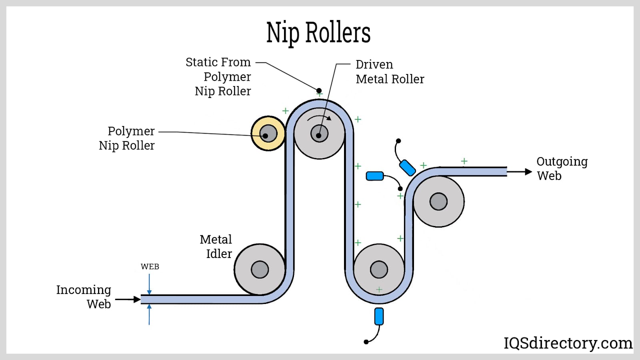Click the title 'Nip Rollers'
click(318, 33)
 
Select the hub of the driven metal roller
click(319, 134)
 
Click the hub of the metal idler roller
click(260, 270)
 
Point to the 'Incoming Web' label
click(84, 296)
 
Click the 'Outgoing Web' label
click(562, 168)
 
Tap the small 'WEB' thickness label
click(150, 266)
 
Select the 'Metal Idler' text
click(216, 246)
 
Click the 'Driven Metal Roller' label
click(390, 72)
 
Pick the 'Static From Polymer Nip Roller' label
click(219, 76)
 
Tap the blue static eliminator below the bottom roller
click(379, 316)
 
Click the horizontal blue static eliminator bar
click(375, 176)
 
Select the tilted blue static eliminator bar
click(407, 168)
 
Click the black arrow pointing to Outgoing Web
click(520, 172)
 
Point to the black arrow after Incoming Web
click(128, 299)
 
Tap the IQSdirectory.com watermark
click(568, 343)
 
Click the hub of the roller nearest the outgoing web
click(438, 202)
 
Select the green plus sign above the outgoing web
click(464, 161)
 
